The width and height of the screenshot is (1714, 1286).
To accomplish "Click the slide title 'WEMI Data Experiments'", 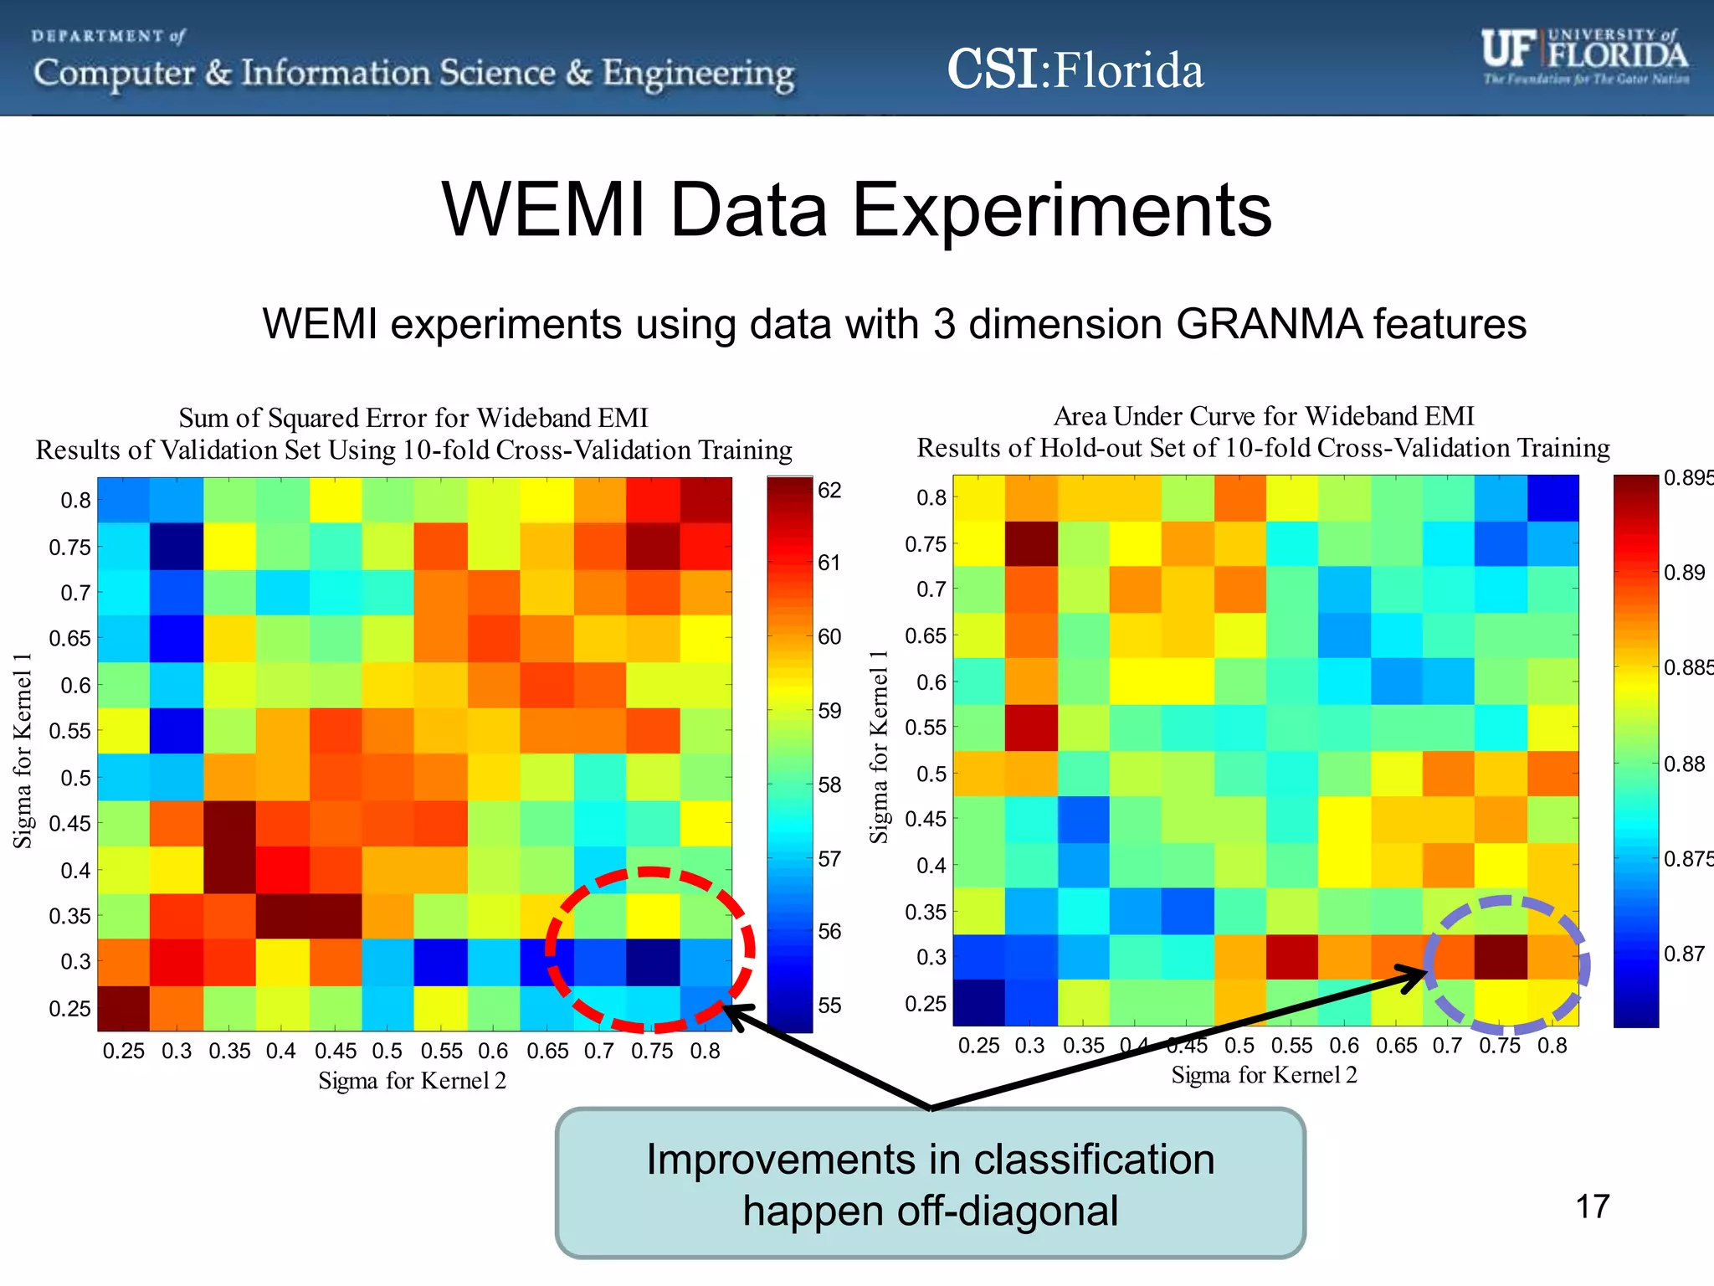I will [856, 210].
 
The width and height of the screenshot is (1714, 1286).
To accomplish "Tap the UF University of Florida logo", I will [1584, 55].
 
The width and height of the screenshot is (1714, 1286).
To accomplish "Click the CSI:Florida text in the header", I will [1075, 69].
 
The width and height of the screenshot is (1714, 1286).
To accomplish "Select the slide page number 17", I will [1592, 1206].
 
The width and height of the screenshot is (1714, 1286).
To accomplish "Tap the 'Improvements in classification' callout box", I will [930, 1183].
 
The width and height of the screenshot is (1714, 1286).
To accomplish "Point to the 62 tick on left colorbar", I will [829, 491].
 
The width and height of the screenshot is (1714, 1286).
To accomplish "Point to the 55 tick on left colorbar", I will [829, 1006].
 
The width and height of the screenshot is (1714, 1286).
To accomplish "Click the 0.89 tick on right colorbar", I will [1683, 573].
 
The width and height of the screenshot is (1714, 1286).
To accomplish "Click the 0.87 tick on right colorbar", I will [1683, 954].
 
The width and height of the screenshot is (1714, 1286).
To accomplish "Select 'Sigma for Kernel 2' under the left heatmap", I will [412, 1081].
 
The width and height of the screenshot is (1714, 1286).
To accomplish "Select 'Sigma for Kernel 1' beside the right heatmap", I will [878, 747].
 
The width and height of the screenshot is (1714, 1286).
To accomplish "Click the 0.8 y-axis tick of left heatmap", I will [75, 501].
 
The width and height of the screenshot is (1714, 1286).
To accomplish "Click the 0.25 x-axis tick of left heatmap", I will [123, 1051].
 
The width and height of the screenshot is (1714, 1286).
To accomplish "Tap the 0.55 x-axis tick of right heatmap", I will [1291, 1046].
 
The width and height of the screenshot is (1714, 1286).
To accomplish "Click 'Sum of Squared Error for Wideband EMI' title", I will [413, 418].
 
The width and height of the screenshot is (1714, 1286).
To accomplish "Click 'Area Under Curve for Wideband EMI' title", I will [1263, 416].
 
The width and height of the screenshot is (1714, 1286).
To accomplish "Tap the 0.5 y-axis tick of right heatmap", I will [933, 774].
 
